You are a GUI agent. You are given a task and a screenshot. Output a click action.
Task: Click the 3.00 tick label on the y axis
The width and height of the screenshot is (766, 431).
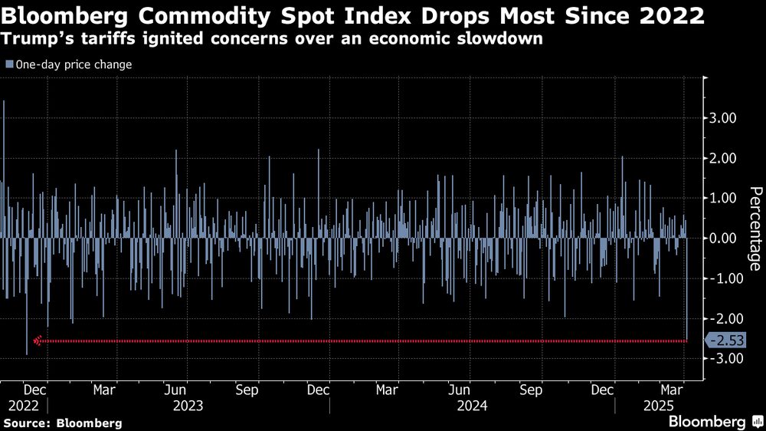click(723, 118)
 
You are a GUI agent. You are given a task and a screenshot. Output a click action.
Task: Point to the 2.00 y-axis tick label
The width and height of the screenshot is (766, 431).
click(723, 158)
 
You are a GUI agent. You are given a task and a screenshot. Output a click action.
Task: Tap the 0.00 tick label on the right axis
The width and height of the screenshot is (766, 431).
click(723, 238)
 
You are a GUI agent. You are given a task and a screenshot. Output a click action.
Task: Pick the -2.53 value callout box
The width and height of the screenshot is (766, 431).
click(725, 341)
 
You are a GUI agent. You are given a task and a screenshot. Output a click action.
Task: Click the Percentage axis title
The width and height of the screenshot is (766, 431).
click(755, 229)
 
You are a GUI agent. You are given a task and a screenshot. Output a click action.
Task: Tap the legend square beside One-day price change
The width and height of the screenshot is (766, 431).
click(8, 65)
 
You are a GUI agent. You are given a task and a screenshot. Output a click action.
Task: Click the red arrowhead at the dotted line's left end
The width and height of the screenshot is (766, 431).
click(36, 341)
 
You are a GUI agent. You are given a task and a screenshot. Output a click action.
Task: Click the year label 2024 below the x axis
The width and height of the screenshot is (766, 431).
click(473, 404)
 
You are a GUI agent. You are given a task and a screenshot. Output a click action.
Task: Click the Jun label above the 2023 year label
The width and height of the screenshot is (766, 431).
click(176, 389)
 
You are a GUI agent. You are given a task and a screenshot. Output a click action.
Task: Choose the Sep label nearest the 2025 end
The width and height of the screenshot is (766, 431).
click(532, 389)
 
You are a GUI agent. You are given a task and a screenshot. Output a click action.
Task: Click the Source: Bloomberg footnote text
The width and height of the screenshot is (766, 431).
click(62, 423)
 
